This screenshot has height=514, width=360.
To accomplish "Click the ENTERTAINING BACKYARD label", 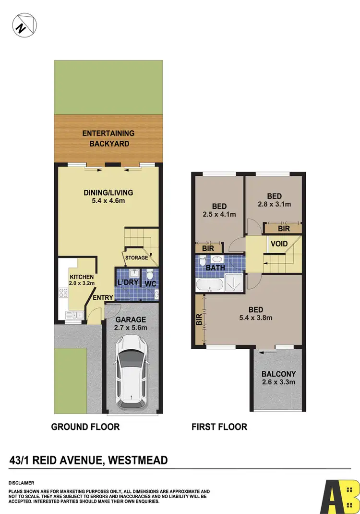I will [x=108, y=138].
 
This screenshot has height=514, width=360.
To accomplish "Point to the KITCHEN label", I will [x=81, y=277].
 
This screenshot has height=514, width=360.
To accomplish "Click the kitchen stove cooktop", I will [x=63, y=293].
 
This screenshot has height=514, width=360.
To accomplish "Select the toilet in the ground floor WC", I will [x=151, y=275].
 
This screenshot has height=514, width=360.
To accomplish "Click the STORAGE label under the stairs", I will [x=136, y=258].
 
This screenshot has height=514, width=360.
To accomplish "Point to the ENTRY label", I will [x=103, y=298].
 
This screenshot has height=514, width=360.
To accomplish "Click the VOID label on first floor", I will [x=279, y=244].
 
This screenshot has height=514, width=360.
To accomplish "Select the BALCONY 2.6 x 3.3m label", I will [x=278, y=378].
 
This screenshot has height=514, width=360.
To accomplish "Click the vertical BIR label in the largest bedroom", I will [x=199, y=320].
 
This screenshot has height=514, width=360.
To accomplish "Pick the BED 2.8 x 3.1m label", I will [x=274, y=200].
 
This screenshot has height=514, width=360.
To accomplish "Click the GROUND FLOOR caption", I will [x=85, y=427].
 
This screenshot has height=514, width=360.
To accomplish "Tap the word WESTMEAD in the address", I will [x=138, y=461].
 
